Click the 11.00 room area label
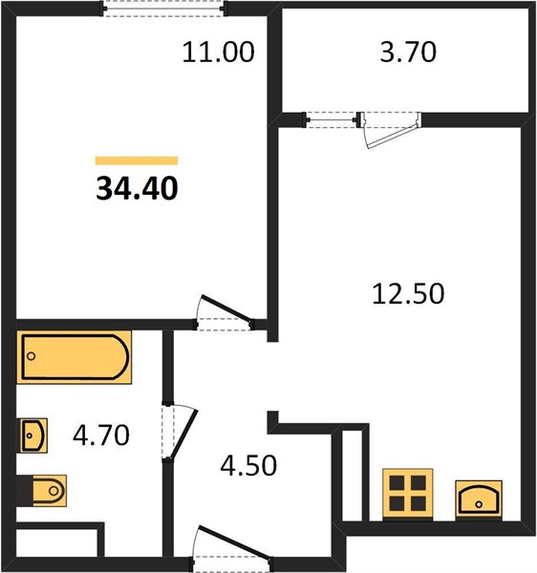click(218, 52)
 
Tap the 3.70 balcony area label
click(408, 52)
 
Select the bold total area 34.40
click(137, 188)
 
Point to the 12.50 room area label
click(408, 293)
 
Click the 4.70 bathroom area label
click(101, 435)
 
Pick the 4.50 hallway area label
click(248, 465)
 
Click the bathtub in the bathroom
click(75, 357)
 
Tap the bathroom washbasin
click(33, 435)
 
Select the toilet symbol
click(50, 491)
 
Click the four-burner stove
click(408, 494)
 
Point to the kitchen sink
click(479, 499)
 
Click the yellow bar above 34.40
click(137, 160)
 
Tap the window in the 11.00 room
click(163, 9)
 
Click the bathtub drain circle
click(32, 356)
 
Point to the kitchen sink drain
click(479, 504)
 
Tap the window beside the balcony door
click(332, 119)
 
